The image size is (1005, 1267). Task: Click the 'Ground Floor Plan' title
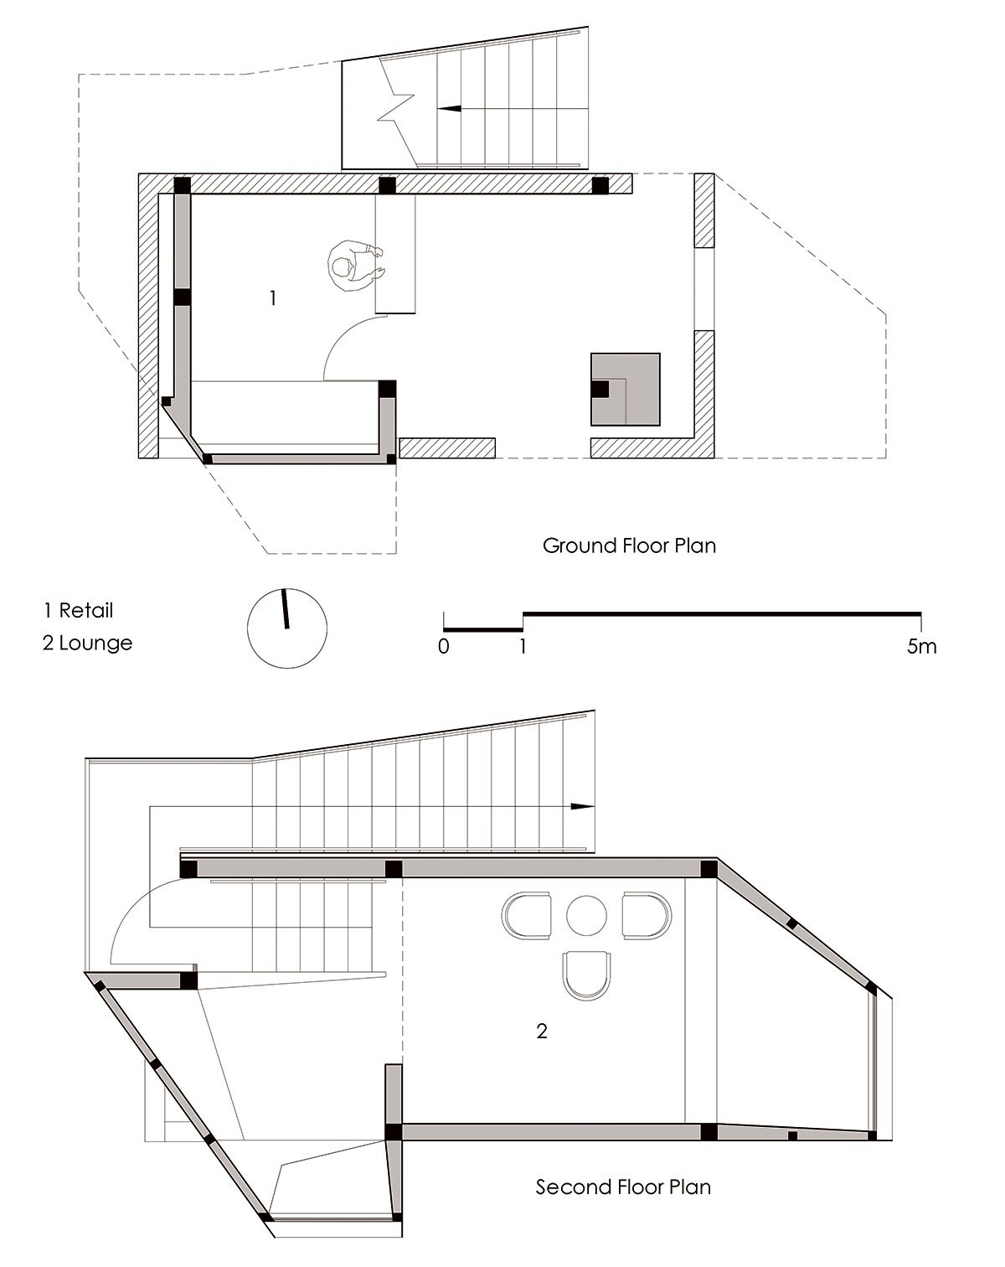(x=629, y=546)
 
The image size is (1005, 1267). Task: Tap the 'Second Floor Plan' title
(x=623, y=1187)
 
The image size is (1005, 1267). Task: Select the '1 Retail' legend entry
(x=78, y=611)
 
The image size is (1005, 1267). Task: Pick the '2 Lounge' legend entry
(x=88, y=643)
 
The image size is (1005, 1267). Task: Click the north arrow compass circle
(x=287, y=628)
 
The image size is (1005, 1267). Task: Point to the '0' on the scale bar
(x=444, y=646)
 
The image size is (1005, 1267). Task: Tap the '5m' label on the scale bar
(x=921, y=646)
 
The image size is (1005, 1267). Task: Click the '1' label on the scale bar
(x=523, y=646)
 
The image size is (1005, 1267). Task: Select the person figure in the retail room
(x=355, y=266)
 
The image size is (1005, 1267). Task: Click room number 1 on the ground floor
(x=272, y=298)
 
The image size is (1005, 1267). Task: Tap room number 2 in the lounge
(x=542, y=1031)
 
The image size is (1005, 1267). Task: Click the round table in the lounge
(x=586, y=916)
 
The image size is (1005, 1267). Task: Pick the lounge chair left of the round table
(x=527, y=916)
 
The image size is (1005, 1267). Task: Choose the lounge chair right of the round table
(x=646, y=916)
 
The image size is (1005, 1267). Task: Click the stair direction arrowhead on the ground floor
(x=448, y=109)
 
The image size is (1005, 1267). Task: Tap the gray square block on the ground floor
(x=626, y=389)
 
